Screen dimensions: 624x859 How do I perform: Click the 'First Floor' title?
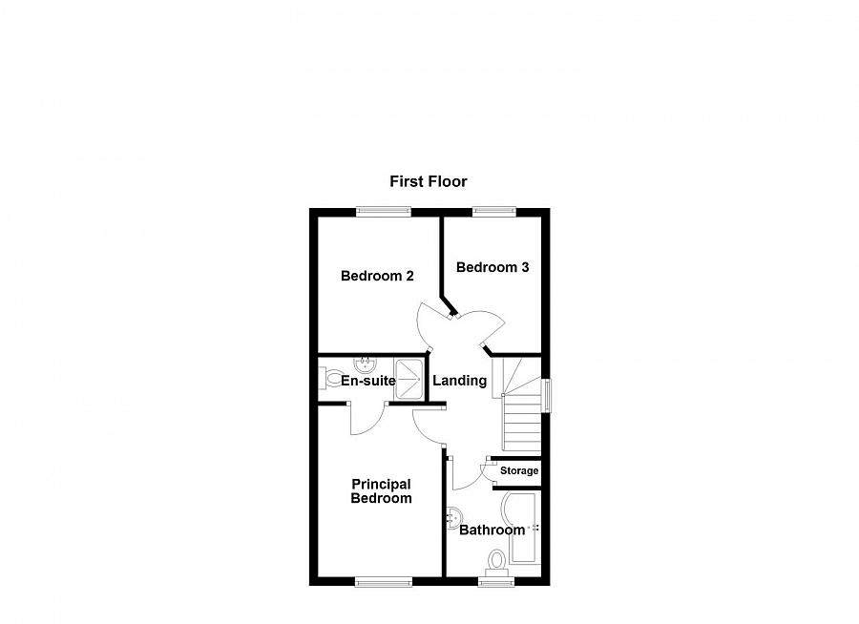tap(429, 180)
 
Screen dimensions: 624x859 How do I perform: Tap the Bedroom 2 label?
tap(377, 276)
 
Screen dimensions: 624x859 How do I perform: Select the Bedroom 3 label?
tap(492, 267)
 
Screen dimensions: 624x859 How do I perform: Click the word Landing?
tap(460, 381)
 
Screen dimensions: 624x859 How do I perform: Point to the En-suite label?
tap(368, 381)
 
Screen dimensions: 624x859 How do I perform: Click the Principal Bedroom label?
tap(381, 490)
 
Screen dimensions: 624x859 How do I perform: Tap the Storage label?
tap(519, 470)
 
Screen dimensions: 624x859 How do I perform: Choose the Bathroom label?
tap(492, 530)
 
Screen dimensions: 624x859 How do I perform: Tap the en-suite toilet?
tap(325, 381)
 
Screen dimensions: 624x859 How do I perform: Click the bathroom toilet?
tap(496, 559)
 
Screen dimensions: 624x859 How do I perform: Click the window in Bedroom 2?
tap(385, 211)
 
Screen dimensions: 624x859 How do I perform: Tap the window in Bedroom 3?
tap(492, 211)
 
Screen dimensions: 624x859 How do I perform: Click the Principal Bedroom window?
tap(385, 579)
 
